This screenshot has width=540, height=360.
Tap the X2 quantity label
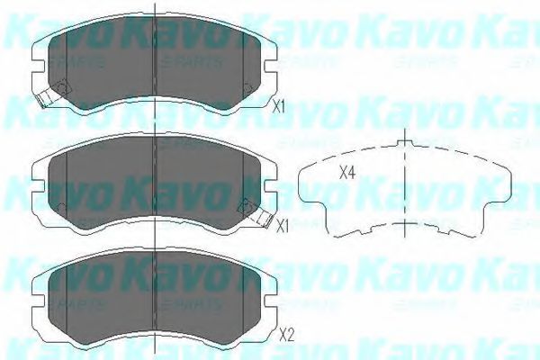pyautogui.click(x=287, y=337)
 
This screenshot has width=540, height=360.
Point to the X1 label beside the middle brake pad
pyautogui.click(x=282, y=226)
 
